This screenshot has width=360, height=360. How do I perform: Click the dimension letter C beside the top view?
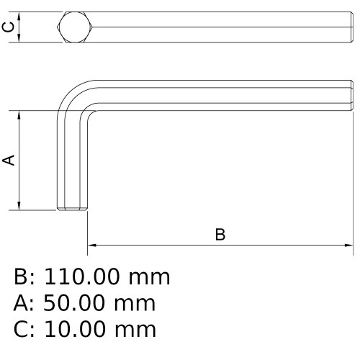click(x=8, y=27)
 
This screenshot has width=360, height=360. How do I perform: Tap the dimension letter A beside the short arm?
click(x=9, y=161)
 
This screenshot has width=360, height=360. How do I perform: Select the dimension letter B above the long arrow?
click(x=220, y=235)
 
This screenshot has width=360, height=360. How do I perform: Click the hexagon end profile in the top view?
click(x=75, y=27)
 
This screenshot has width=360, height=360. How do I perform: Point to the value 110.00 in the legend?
click(x=81, y=276)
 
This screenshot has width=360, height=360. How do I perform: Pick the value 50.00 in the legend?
click(x=74, y=303)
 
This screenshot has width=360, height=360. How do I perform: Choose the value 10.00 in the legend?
click(x=75, y=329)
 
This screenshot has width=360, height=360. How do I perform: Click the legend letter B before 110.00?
click(x=21, y=276)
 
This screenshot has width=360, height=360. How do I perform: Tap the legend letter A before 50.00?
click(x=21, y=303)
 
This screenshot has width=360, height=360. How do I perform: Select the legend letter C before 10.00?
click(x=21, y=329)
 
